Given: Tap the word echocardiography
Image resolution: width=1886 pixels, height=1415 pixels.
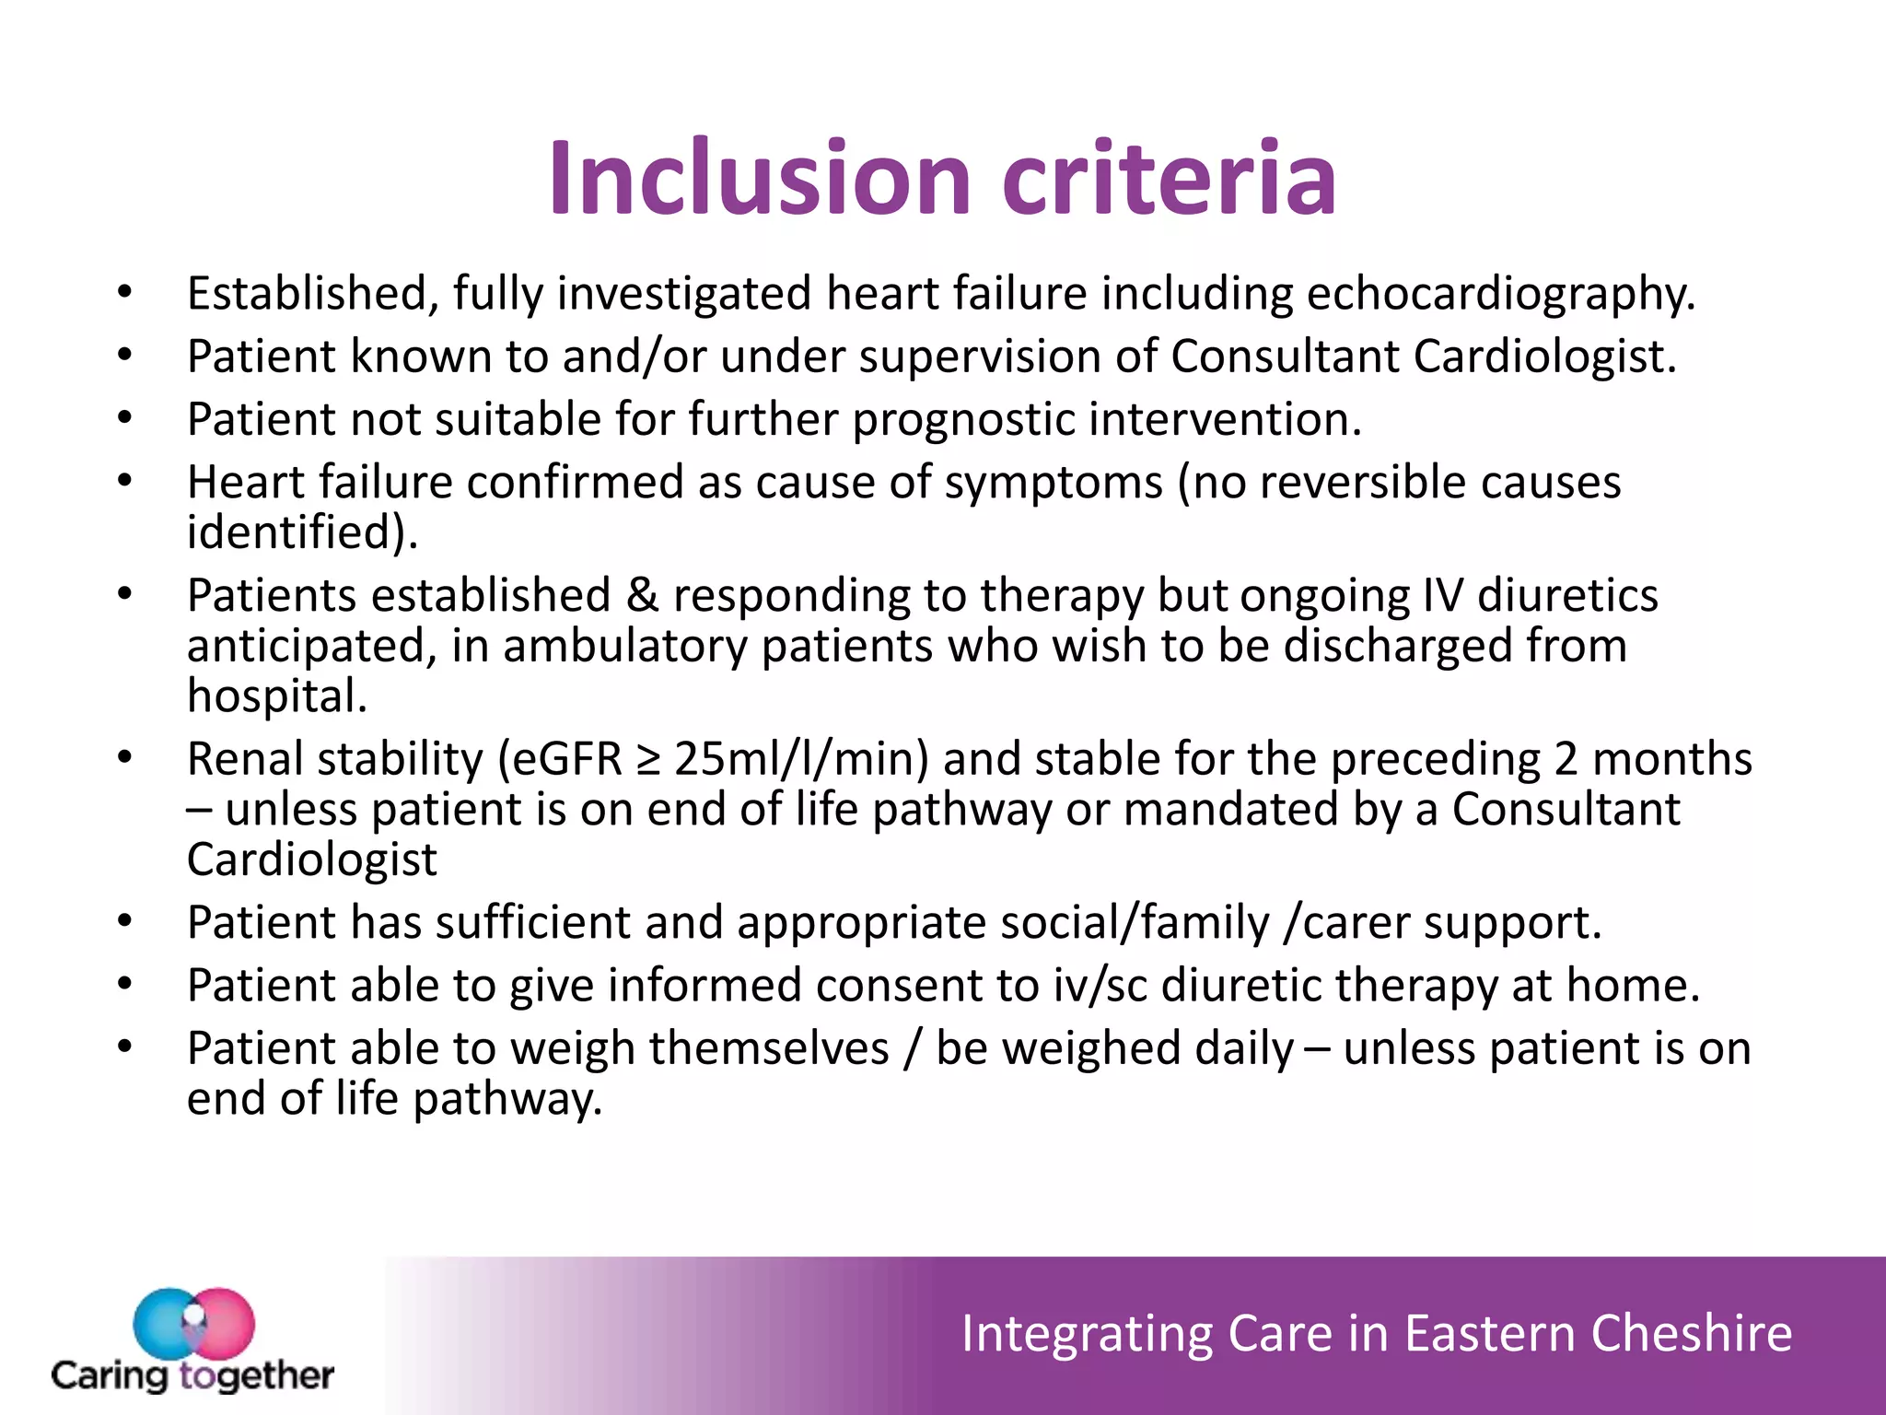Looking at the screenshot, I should click(1500, 295).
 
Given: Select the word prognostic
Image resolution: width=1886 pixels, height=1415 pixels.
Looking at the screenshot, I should click(963, 420).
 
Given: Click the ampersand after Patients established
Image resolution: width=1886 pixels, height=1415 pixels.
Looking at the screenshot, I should click(642, 595).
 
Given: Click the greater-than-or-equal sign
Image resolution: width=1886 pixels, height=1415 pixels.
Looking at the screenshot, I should click(648, 762).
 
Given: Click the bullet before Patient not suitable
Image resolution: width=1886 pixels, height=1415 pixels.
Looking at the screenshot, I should click(126, 419).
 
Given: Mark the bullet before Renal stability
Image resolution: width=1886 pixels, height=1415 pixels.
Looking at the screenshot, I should click(126, 758).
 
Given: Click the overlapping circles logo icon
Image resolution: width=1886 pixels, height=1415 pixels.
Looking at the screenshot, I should click(193, 1323).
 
